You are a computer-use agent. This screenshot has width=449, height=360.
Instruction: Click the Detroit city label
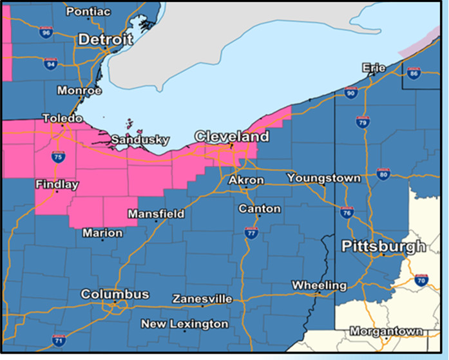coord(105,40)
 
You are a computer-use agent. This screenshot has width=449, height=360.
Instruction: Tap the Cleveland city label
coord(232,137)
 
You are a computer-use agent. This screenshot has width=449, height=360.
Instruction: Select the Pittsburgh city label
coord(383,247)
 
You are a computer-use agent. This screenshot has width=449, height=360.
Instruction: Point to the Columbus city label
coord(115,294)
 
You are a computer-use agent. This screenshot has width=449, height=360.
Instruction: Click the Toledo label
coord(62,119)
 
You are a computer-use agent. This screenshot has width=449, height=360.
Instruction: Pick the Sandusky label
coord(140,140)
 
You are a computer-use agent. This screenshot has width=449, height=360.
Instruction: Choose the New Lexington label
coord(184,324)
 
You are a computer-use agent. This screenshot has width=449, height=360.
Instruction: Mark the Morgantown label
coord(387,331)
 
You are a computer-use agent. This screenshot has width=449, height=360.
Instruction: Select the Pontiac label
coord(88,12)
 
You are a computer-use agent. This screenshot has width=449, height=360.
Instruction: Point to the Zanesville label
coord(202,299)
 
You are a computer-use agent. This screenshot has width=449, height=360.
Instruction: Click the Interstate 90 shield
coord(350,93)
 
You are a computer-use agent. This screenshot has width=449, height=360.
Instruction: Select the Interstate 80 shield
coord(383,174)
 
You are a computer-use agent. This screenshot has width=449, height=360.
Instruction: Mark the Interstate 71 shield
coord(59,339)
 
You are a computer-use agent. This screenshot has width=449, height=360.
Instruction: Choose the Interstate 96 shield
coord(45,32)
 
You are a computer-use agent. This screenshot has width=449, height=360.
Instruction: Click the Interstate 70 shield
coord(422,279)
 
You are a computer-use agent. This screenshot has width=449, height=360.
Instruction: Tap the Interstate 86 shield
coord(413,73)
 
